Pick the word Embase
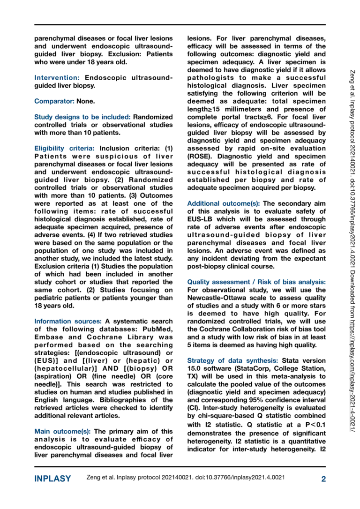pos(50,337)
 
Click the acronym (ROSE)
pos(201,156)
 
